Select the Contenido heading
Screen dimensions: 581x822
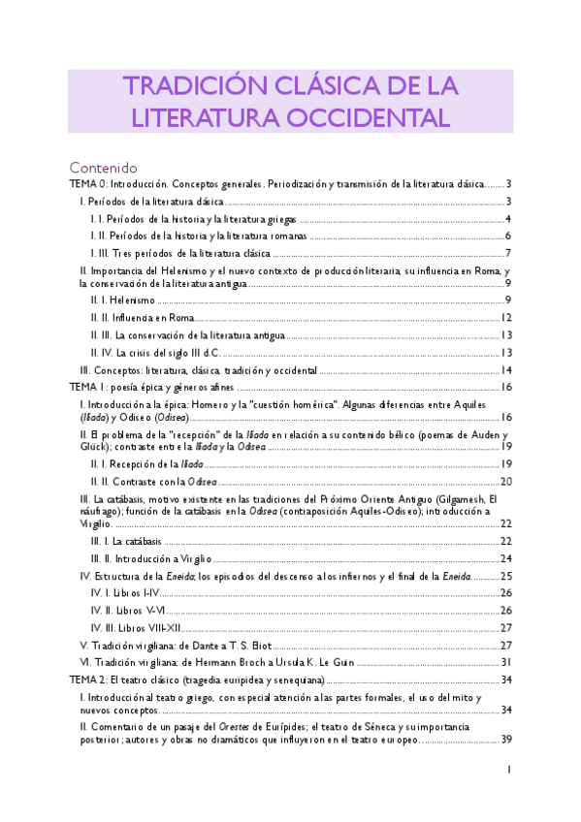(103, 167)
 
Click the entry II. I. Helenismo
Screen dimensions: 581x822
(123, 301)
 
